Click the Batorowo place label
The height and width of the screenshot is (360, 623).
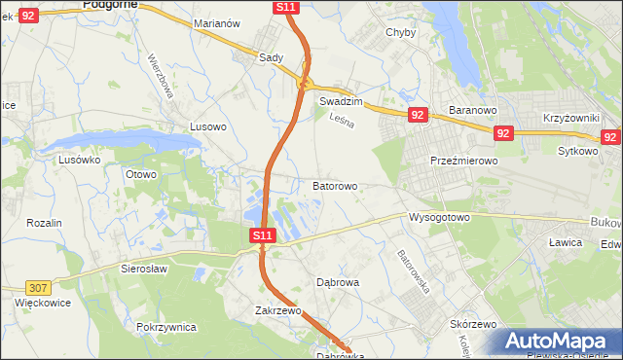(335, 185)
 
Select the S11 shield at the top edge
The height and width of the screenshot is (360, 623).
(285, 7)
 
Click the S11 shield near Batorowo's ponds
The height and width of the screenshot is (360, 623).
(262, 235)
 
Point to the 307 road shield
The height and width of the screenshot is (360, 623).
(38, 287)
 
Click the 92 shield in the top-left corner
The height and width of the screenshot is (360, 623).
(28, 15)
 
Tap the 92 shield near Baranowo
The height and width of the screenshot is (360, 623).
(418, 115)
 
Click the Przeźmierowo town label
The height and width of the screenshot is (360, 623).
(464, 161)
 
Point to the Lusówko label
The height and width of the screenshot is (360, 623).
(80, 160)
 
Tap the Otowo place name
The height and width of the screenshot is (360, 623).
(140, 174)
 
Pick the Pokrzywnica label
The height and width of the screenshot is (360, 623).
(167, 327)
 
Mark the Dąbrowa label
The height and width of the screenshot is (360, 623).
(339, 282)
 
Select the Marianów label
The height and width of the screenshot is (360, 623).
(216, 49)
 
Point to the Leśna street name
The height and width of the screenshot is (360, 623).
(340, 121)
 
